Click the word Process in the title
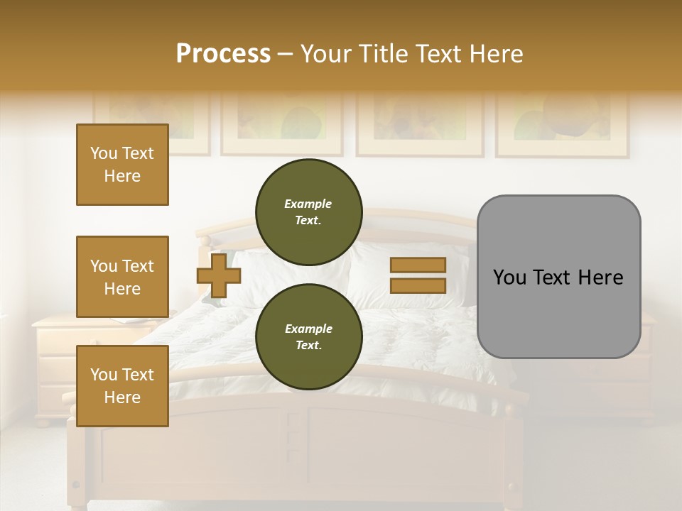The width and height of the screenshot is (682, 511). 223,54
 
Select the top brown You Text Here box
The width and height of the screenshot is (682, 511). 122,165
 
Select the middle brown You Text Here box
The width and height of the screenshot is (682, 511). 122,277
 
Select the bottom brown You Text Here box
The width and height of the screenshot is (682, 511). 122,386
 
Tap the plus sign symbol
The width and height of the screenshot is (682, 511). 219,275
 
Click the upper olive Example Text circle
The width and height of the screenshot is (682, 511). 309,211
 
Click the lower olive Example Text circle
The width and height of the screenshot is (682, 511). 309,336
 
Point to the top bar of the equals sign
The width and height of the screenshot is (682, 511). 418,265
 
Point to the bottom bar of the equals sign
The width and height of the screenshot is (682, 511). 418,285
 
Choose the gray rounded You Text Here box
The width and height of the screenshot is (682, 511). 558,277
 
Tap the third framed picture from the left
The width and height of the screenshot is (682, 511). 419,122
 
